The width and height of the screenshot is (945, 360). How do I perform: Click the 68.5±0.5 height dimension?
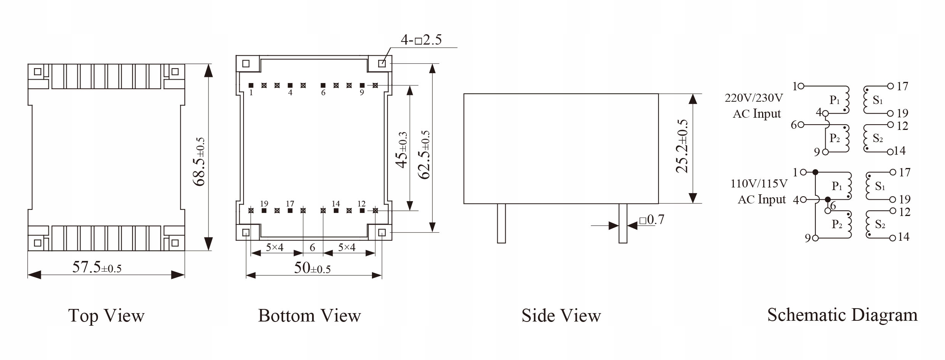click(x=199, y=162)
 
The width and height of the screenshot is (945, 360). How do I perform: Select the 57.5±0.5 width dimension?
click(x=97, y=267)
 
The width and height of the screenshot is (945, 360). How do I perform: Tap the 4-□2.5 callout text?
click(x=421, y=40)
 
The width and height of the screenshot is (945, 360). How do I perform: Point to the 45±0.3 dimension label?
click(x=402, y=150)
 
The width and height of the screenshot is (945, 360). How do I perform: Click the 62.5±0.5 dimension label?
click(x=424, y=154)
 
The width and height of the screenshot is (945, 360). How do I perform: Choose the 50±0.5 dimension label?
click(x=312, y=268)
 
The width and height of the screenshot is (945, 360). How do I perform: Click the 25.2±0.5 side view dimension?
click(x=682, y=146)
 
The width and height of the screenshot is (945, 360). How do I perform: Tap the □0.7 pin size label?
click(x=652, y=220)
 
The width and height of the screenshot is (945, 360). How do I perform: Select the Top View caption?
click(x=106, y=316)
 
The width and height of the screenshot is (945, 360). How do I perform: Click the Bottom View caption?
click(x=309, y=316)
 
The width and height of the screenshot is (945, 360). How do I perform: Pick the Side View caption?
click(x=561, y=316)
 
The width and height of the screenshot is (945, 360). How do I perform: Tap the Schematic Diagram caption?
click(x=842, y=315)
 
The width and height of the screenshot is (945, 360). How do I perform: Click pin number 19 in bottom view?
click(x=264, y=204)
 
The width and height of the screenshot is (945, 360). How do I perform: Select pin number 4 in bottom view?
click(x=290, y=93)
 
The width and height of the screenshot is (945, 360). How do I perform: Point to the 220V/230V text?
click(x=754, y=98)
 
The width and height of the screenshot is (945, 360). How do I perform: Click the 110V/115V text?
click(x=759, y=184)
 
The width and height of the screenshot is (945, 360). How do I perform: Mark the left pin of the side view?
click(x=501, y=223)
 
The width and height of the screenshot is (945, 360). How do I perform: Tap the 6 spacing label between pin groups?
click(x=312, y=248)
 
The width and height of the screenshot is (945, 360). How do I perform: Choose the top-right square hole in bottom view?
click(x=382, y=64)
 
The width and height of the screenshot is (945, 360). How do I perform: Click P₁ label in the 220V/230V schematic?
click(x=834, y=100)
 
